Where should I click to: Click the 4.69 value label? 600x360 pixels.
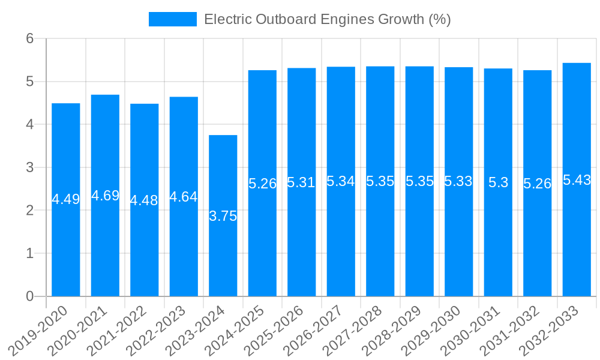tap(105, 196)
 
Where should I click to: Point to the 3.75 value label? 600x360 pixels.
tap(223, 216)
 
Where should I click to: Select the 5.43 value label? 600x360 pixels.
tap(577, 180)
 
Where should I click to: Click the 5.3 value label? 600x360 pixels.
tap(498, 183)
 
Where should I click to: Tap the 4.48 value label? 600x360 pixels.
tap(144, 200)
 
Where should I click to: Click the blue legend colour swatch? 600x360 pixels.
tap(173, 19)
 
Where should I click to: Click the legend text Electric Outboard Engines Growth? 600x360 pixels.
tap(327, 19)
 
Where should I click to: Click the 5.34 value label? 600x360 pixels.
tap(341, 181)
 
